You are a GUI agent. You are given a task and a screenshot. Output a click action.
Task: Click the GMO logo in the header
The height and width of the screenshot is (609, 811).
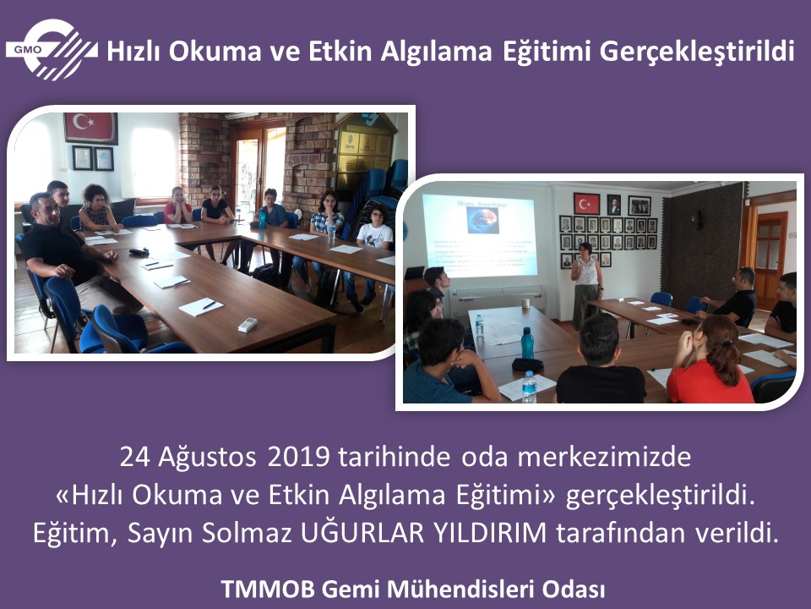tap(52, 50)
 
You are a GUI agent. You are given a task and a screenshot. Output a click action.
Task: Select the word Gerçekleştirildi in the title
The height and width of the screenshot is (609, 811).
tap(697, 52)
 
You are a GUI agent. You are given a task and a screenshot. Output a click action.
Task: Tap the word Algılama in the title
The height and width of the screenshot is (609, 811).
tap(436, 52)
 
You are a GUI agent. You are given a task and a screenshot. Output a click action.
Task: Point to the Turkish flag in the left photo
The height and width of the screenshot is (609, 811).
tap(91, 128)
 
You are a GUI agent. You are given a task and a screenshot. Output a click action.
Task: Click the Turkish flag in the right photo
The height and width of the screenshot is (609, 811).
tap(586, 204)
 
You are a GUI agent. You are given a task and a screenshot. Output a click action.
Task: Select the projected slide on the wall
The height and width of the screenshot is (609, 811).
tap(479, 236)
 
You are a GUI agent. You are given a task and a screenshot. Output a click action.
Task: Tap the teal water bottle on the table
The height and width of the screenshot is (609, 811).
tap(527, 343)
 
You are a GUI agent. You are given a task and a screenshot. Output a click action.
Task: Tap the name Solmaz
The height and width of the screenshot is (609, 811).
tap(248, 534)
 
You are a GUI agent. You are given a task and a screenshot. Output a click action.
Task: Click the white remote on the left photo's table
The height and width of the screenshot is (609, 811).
tap(248, 325)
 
